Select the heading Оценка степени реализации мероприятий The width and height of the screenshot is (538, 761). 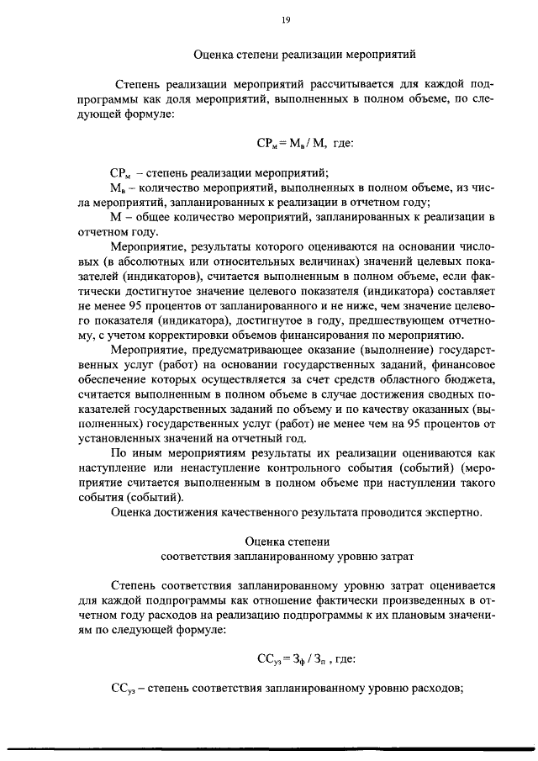(x=305, y=56)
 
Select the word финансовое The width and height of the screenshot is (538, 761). (x=458, y=364)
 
